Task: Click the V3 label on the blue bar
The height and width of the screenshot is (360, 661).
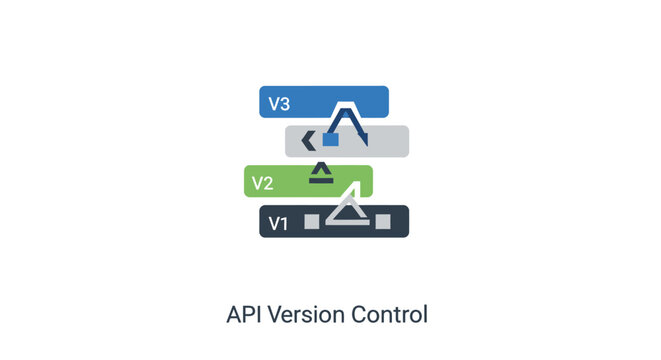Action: point(279,103)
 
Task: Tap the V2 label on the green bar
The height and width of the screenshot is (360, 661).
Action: point(262,183)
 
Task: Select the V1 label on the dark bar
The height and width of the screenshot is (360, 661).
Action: point(277,223)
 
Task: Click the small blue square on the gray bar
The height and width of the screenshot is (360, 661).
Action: point(330,141)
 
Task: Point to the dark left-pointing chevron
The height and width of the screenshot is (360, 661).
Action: point(309,141)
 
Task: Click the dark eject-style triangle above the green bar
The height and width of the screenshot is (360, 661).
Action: point(320,173)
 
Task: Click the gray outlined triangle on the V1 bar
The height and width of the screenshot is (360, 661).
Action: point(346,210)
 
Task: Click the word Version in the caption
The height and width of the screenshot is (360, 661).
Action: point(311,314)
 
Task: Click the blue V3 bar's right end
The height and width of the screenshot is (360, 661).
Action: point(383,102)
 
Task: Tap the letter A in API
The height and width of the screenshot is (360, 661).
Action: point(237,314)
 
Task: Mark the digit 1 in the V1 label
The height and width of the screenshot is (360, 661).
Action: point(283,223)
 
